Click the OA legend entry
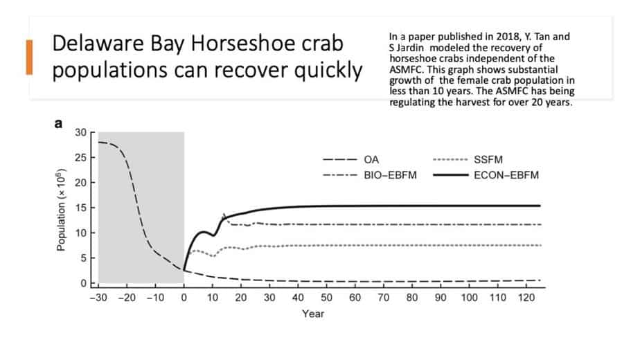point(371,159)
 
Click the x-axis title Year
point(312,314)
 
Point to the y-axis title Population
point(62,208)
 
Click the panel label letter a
point(59,124)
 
